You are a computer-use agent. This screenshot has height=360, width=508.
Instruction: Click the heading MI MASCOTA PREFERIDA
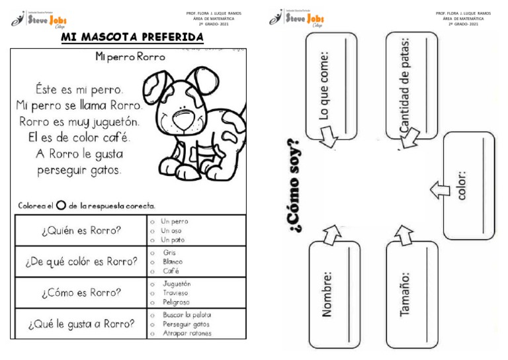pos(132,38)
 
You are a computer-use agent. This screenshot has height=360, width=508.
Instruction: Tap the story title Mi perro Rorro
pos(130,57)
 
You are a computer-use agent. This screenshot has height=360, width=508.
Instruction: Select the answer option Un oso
pos(171,230)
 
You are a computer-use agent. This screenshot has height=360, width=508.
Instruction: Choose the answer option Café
pos(172,271)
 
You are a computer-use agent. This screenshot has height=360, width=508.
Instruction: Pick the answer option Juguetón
pos(176,283)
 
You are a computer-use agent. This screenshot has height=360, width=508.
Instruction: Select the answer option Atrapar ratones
pos(187,334)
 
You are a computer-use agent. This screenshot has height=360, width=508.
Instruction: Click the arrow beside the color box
pos(437,191)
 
